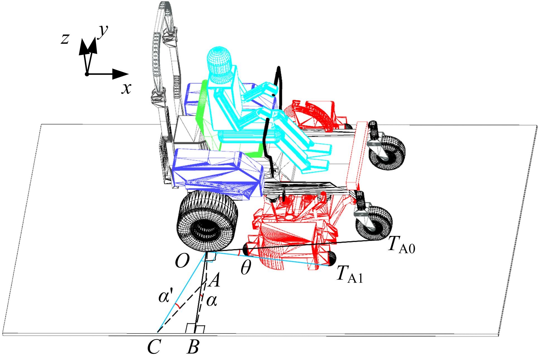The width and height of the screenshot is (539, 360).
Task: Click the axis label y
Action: pos(104,31)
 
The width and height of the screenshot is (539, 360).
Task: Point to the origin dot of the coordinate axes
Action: pos(87,74)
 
